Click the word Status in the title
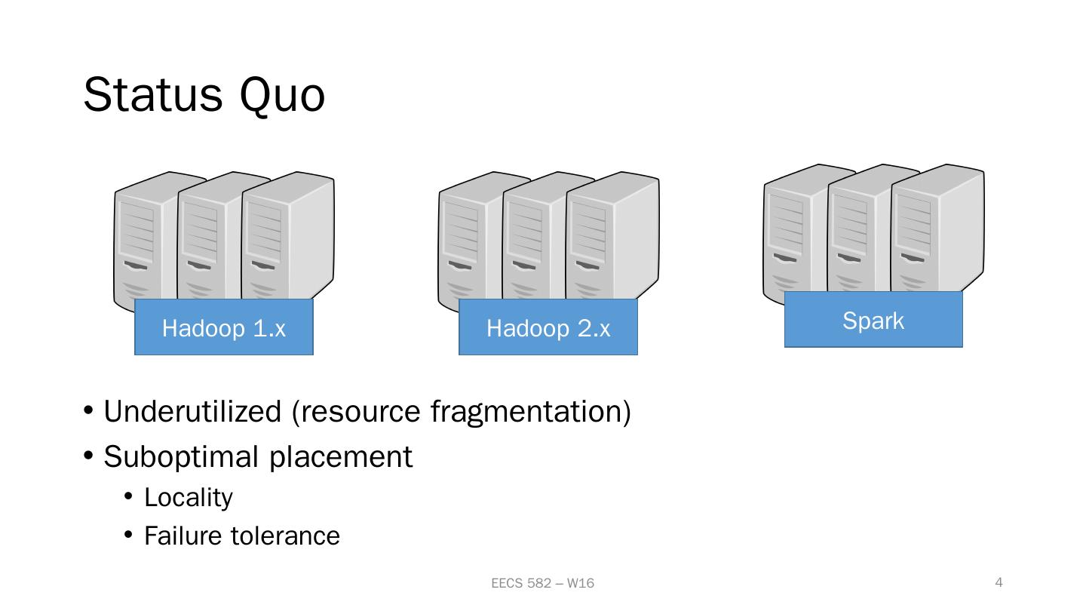(153, 96)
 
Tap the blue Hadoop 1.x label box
(223, 327)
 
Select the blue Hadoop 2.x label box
(548, 327)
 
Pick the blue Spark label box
(873, 320)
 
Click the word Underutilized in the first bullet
(192, 412)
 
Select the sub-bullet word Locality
(189, 498)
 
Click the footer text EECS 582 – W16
(542, 583)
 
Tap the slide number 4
(999, 582)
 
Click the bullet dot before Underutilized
(88, 412)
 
